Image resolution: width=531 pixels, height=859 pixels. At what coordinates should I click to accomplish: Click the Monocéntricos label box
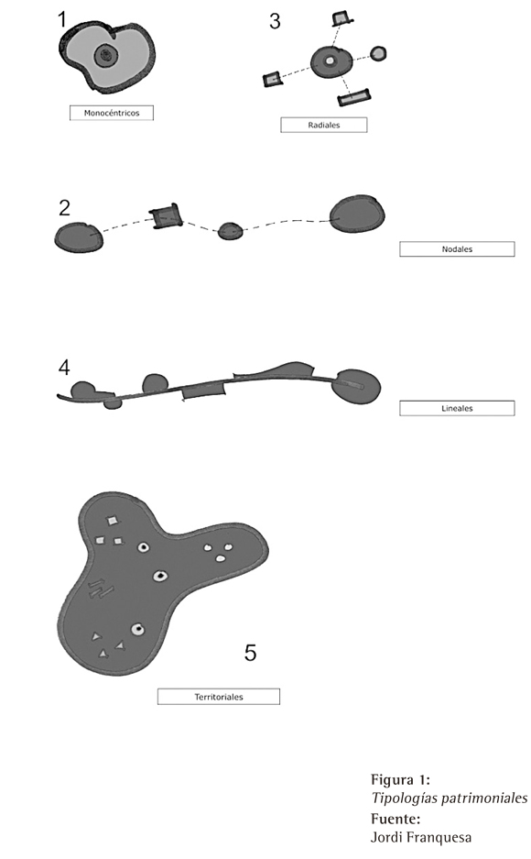pos(112,113)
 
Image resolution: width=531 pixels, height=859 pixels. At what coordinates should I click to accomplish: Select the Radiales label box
pos(324,125)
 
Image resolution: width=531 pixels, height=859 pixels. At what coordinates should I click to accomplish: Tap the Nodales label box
pos(457,248)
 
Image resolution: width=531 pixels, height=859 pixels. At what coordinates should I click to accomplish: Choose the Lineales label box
pos(457,408)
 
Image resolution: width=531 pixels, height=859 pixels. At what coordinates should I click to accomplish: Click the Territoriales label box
pos(219,697)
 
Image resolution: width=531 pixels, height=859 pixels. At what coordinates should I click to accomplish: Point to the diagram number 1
pos(61,20)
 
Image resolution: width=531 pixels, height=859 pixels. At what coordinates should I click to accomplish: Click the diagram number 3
pos(275,21)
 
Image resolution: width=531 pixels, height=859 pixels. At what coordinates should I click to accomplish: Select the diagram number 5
pos(250,653)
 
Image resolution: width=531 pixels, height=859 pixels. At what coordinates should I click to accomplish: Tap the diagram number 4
pos(64,368)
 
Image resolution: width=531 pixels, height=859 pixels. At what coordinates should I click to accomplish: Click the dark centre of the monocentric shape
pos(105,55)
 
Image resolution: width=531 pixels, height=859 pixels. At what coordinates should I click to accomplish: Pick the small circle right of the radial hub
pos(378,53)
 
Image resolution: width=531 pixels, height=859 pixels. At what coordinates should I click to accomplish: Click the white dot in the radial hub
pos(330,61)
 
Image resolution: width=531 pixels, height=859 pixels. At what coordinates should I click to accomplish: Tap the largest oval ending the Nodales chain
pos(357,214)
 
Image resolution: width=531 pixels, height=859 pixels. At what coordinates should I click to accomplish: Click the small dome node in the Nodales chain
pos(230,231)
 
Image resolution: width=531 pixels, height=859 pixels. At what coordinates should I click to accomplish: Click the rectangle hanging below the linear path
pos(203,391)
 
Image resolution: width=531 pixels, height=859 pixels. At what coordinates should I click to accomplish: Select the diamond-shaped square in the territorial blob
pos(112,521)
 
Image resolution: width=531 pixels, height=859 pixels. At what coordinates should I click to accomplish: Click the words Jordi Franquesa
pos(421,837)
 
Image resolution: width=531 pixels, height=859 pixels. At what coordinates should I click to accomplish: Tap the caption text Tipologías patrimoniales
pos(450,798)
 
